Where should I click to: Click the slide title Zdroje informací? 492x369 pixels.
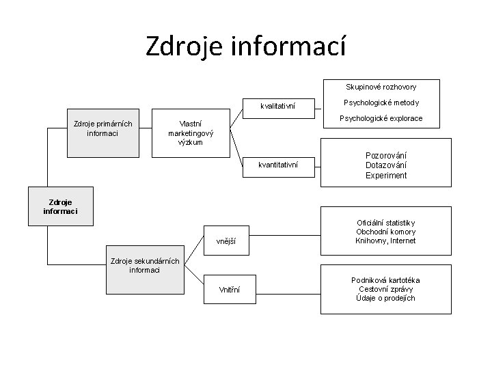tap(246, 46)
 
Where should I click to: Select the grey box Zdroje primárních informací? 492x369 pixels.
tap(102, 128)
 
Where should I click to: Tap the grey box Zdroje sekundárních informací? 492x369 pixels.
tap(144, 265)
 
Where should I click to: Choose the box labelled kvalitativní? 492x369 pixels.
tap(277, 106)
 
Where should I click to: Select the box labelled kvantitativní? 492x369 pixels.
tap(277, 165)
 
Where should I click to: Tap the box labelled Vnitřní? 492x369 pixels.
tap(229, 290)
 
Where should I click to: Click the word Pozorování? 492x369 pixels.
tap(386, 155)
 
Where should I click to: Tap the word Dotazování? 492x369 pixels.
tap(386, 165)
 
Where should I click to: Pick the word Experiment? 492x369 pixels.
tap(386, 176)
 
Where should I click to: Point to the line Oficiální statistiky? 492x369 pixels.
tap(386, 223)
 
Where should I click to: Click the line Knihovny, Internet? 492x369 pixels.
tap(386, 241)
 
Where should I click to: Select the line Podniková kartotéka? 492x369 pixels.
tap(386, 280)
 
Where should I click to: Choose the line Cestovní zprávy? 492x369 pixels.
tap(386, 289)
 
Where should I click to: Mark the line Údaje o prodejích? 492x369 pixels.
tap(386, 298)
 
